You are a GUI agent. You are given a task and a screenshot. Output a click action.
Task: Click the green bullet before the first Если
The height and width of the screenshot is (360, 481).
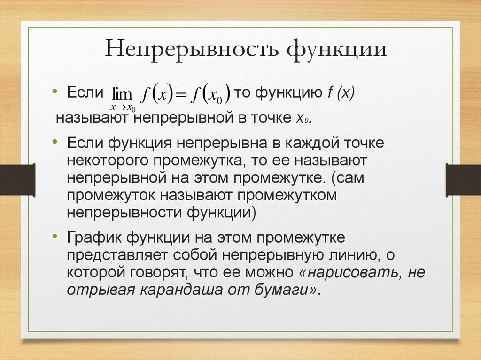(x=55, y=91)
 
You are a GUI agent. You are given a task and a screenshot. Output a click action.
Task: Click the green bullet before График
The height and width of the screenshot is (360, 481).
(x=55, y=237)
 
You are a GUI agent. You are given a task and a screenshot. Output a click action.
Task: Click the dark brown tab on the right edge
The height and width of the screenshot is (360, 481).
(x=463, y=179)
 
